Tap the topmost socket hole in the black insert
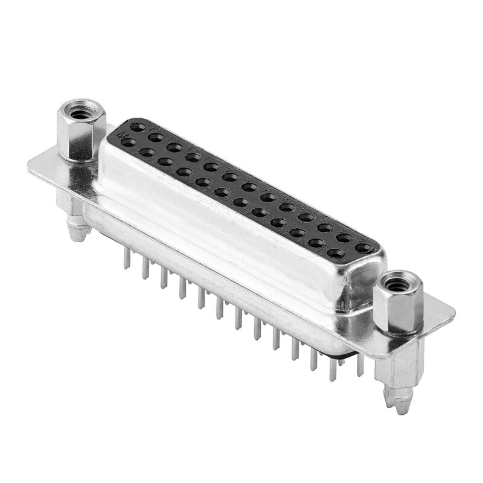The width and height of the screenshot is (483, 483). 138,127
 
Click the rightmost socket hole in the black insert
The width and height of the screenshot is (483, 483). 363,248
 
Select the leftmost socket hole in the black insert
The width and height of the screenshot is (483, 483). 129,142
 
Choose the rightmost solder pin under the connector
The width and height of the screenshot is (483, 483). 360,366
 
